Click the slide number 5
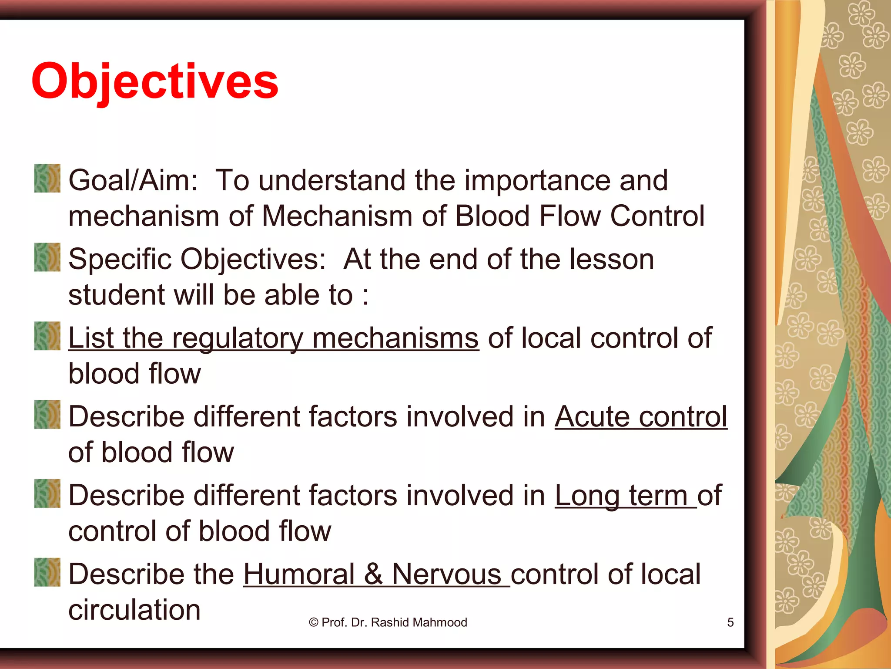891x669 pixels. (730, 622)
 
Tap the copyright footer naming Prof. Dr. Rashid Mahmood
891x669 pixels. (388, 622)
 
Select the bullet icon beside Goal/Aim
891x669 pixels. (47, 178)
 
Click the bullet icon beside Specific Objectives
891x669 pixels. (47, 257)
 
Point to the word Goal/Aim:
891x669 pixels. (133, 180)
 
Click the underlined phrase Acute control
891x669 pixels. (640, 417)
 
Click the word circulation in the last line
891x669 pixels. (134, 610)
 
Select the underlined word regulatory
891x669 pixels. (238, 339)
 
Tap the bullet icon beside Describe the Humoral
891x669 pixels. (47, 572)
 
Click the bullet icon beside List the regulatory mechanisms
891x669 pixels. (47, 336)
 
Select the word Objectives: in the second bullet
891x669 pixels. (253, 260)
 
